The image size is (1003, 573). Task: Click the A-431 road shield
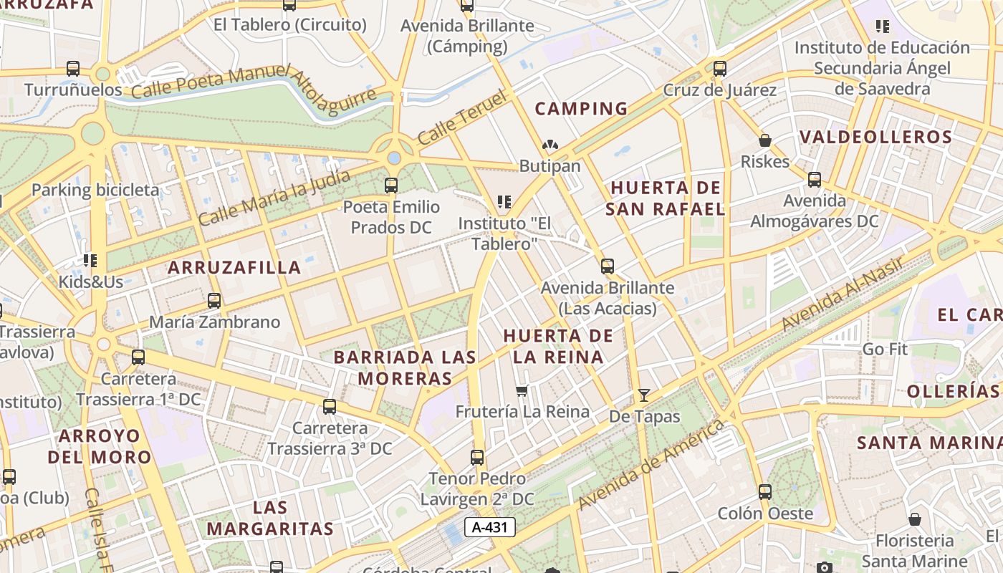[490, 528]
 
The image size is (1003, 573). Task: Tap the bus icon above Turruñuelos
[73, 69]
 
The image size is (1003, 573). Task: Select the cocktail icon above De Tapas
[643, 395]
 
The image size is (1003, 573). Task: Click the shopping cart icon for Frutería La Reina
[522, 391]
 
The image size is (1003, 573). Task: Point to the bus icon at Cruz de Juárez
[720, 69]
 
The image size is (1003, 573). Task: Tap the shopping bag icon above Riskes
[765, 140]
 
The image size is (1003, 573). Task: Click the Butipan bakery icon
[550, 145]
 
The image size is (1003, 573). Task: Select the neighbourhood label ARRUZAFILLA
[234, 268]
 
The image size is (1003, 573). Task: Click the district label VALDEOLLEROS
[875, 138]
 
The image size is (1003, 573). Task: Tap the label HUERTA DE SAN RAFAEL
[666, 198]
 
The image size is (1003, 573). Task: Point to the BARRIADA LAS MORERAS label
[405, 367]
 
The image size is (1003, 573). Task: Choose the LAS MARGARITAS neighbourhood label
[270, 519]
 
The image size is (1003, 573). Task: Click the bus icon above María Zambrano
[213, 301]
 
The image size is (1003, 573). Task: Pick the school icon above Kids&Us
[90, 260]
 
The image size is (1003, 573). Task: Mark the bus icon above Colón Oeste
[765, 492]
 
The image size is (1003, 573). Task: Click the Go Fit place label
[885, 350]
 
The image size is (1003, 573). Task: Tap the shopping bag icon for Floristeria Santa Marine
[914, 519]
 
